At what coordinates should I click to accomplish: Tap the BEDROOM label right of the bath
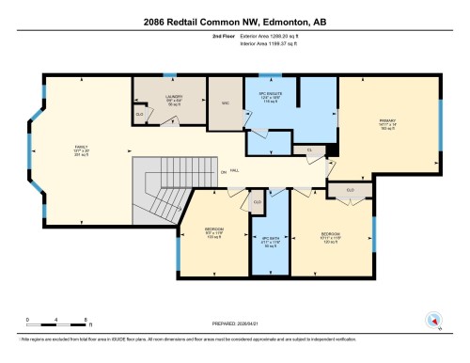[328, 232]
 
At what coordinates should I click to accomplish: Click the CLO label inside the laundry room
[140, 114]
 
